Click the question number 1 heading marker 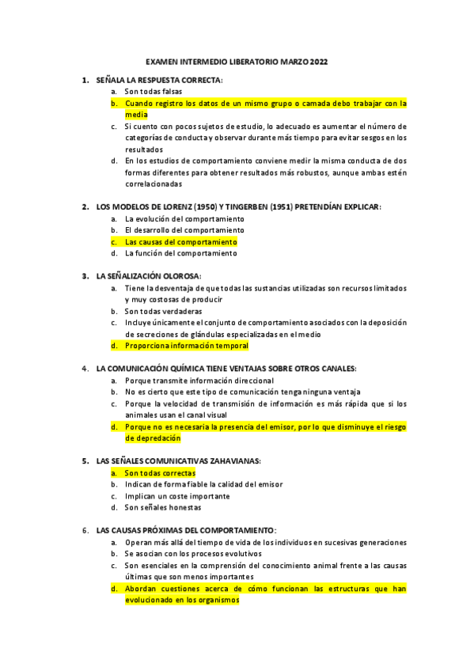(85, 81)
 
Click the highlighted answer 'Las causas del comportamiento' (181, 241)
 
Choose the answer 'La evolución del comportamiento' (184, 218)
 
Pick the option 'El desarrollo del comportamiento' (184, 230)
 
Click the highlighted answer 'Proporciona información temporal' (187, 346)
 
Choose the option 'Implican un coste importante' (178, 496)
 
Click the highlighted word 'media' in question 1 (136, 115)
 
